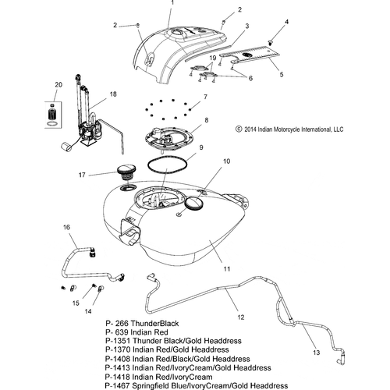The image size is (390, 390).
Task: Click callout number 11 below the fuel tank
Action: (227, 268)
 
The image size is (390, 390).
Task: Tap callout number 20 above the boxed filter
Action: (58, 84)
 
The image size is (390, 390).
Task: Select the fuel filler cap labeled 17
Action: (126, 172)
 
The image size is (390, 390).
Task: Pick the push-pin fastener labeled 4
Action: (271, 43)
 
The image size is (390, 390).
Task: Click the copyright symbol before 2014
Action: (239, 129)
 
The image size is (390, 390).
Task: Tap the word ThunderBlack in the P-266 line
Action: (154, 324)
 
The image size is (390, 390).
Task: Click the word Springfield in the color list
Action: (151, 386)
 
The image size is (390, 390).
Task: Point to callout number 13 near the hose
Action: (316, 353)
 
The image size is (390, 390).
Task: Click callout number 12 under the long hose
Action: (241, 317)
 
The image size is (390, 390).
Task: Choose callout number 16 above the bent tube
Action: (66, 227)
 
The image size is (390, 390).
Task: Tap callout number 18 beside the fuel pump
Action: (113, 94)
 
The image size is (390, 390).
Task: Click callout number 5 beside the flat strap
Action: (282, 74)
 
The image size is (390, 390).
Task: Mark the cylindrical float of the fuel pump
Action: (66, 147)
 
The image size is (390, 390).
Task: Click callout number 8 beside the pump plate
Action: (207, 120)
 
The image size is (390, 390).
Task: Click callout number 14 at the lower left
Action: (88, 311)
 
